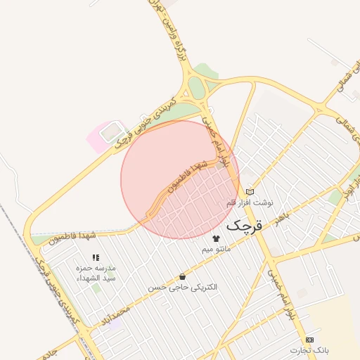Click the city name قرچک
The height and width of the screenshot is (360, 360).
pyautogui.click(x=245, y=226)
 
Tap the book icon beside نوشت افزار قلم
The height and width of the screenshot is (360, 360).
pyautogui.click(x=250, y=192)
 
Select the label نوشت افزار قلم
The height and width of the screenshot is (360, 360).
pyautogui.click(x=248, y=202)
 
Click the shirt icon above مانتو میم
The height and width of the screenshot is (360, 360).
pyautogui.click(x=216, y=238)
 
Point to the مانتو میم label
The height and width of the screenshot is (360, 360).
pyautogui.click(x=216, y=249)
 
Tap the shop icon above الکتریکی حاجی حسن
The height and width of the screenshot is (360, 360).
pyautogui.click(x=183, y=277)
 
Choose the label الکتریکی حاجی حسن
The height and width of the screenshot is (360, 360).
pyautogui.click(x=183, y=288)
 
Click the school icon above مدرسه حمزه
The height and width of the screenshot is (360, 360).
pyautogui.click(x=96, y=258)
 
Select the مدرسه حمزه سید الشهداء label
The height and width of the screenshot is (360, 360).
pyautogui.click(x=96, y=274)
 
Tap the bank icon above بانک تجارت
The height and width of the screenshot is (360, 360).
pyautogui.click(x=310, y=340)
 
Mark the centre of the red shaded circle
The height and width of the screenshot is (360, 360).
pyautogui.click(x=180, y=179)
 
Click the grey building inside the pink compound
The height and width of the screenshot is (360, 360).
pyautogui.click(x=110, y=131)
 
